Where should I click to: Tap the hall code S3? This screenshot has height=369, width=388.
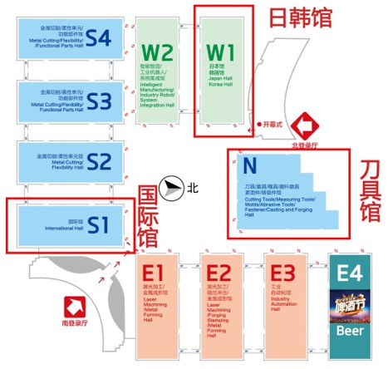coord(99,101)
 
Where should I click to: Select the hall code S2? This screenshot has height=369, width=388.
coord(99,160)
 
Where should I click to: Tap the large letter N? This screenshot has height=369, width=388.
coord(246,165)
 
